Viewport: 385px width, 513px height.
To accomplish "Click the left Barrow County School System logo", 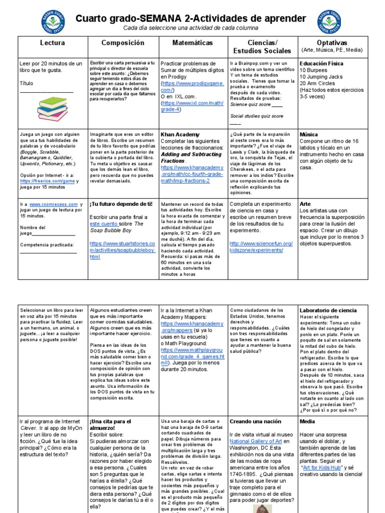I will [53, 22].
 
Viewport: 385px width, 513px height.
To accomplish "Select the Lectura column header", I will [53, 43].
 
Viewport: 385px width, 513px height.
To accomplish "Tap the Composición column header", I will [123, 43].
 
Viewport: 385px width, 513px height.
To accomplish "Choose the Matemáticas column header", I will [192, 43].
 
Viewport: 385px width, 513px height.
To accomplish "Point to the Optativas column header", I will [332, 43].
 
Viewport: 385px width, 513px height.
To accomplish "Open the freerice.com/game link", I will [47, 181].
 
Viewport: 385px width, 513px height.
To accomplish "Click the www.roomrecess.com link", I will [54, 204].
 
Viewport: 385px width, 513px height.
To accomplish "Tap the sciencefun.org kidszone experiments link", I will [261, 246].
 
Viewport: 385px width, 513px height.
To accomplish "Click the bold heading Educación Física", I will [321, 64].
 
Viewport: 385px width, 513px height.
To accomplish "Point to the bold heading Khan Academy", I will [179, 135].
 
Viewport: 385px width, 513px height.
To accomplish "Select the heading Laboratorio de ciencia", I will [328, 311].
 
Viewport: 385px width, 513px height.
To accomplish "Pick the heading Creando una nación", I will [255, 422].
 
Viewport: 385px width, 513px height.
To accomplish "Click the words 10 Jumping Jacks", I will [321, 77].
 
